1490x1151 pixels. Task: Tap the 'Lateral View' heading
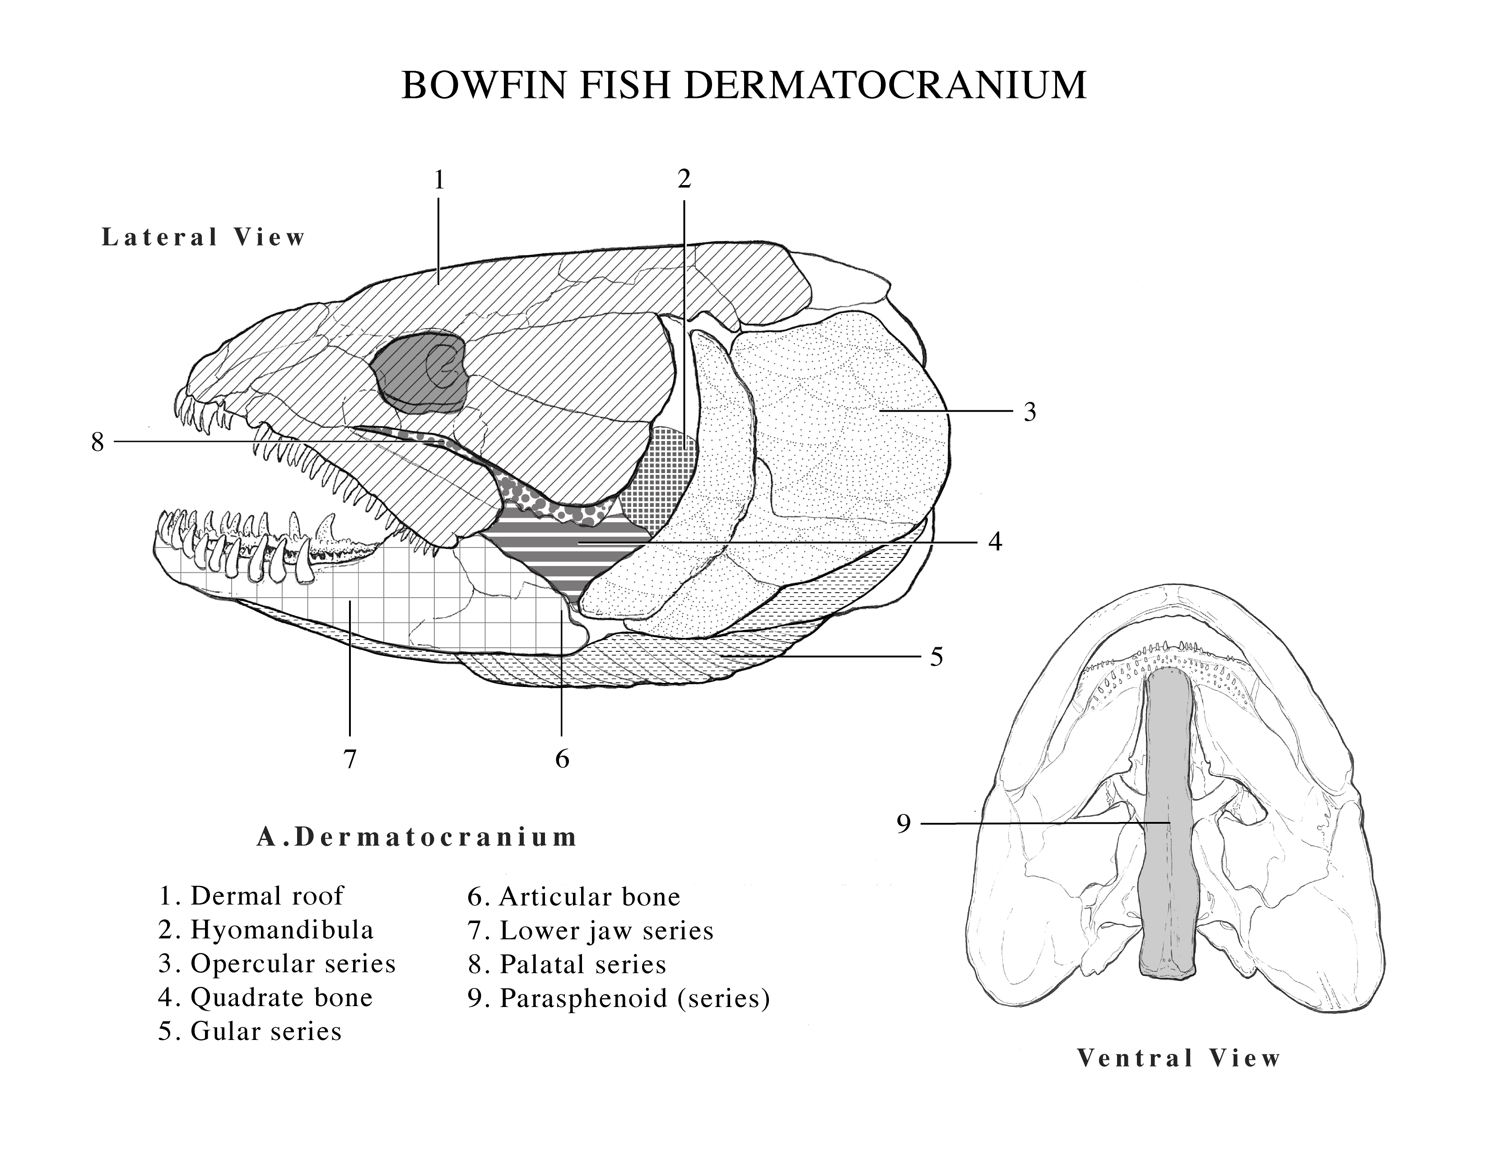tap(203, 237)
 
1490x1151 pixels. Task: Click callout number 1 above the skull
tap(439, 180)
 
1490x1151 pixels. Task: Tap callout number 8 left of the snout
tap(98, 442)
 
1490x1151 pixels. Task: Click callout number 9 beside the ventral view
tap(903, 824)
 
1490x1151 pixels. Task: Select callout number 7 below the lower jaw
tap(350, 758)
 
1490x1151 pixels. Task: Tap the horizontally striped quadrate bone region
tap(566, 546)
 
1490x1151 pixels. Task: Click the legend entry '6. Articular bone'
tap(574, 897)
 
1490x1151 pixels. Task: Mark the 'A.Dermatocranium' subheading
tap(417, 837)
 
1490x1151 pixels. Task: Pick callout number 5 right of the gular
tap(937, 657)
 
